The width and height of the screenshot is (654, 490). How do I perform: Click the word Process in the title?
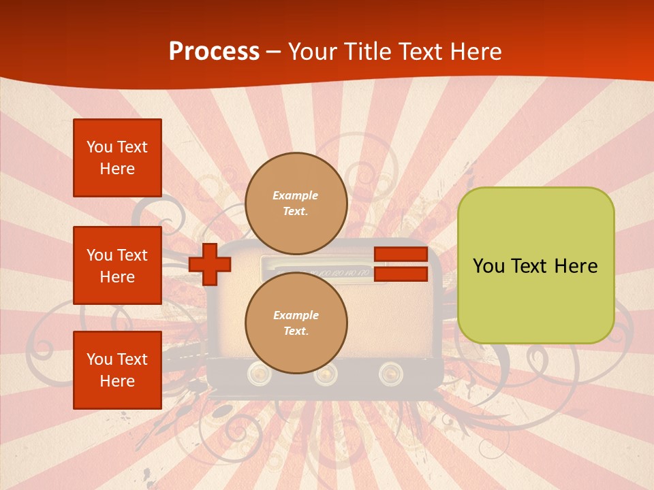coord(214,52)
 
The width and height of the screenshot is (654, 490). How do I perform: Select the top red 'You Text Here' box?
coord(117,158)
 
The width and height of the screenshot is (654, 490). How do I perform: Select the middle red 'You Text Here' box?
coord(117,265)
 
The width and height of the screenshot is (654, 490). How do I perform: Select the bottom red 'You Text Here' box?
coord(117,370)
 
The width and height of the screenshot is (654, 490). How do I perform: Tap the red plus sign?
coord(210,264)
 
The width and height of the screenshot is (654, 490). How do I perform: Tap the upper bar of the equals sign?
coord(401,255)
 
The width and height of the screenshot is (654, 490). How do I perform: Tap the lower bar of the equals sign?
coord(401,274)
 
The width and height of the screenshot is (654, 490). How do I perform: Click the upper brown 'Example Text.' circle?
coord(296,203)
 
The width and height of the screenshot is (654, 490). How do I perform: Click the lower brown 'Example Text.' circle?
coord(296,323)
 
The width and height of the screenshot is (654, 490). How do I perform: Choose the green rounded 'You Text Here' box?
coord(535,265)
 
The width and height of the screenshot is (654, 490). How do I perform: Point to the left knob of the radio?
coord(259,372)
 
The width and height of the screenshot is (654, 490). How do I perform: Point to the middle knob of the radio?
coord(325,373)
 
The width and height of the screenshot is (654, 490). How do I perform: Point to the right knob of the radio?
coord(390,372)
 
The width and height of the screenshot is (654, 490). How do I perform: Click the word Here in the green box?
coord(576,266)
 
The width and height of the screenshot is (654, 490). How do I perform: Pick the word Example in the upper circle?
coord(296,195)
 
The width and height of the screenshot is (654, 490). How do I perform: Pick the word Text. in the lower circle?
coord(296,331)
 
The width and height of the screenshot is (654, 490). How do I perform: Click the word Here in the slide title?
coord(476,52)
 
